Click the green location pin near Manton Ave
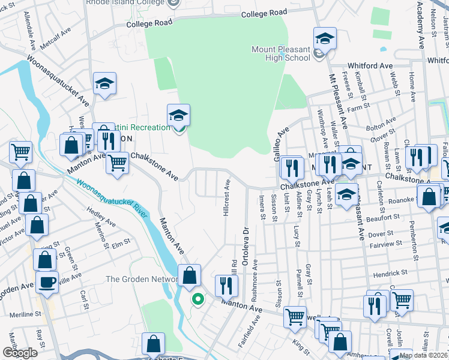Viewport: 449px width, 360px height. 197,298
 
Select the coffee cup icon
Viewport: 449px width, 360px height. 47,282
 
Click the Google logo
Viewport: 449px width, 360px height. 20,353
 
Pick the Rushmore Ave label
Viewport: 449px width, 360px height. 255,272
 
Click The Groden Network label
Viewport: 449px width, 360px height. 142,279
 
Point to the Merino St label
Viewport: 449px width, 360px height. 98,234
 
